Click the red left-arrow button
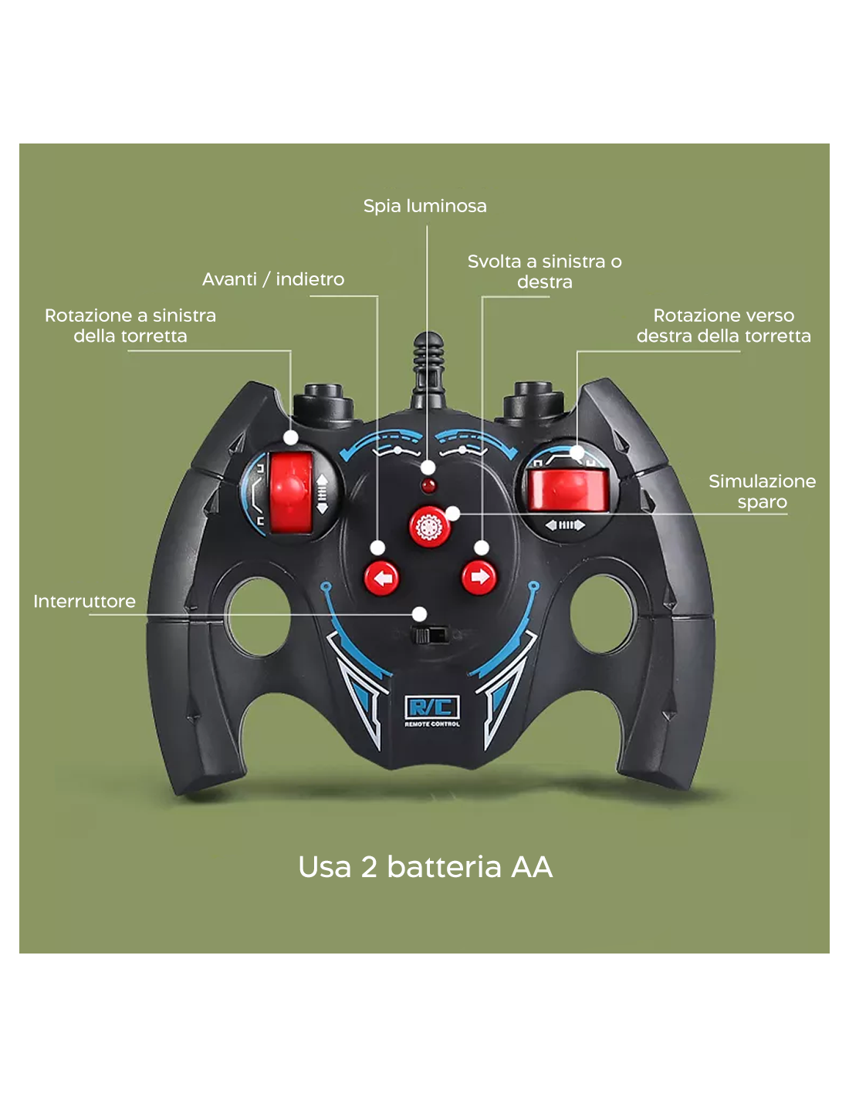point(381,579)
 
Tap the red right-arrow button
point(479,577)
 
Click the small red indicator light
point(428,487)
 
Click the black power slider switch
point(431,635)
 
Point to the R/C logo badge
point(431,711)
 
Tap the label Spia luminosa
point(424,206)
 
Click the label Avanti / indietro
point(273,279)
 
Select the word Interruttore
point(84,601)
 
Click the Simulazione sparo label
point(762,491)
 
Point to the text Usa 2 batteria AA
point(425,867)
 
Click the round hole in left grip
point(259,617)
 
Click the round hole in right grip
point(601,614)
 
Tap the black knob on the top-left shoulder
point(323,404)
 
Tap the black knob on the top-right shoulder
point(533,402)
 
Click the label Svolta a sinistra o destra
point(544,272)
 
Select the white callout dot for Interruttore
point(419,614)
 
